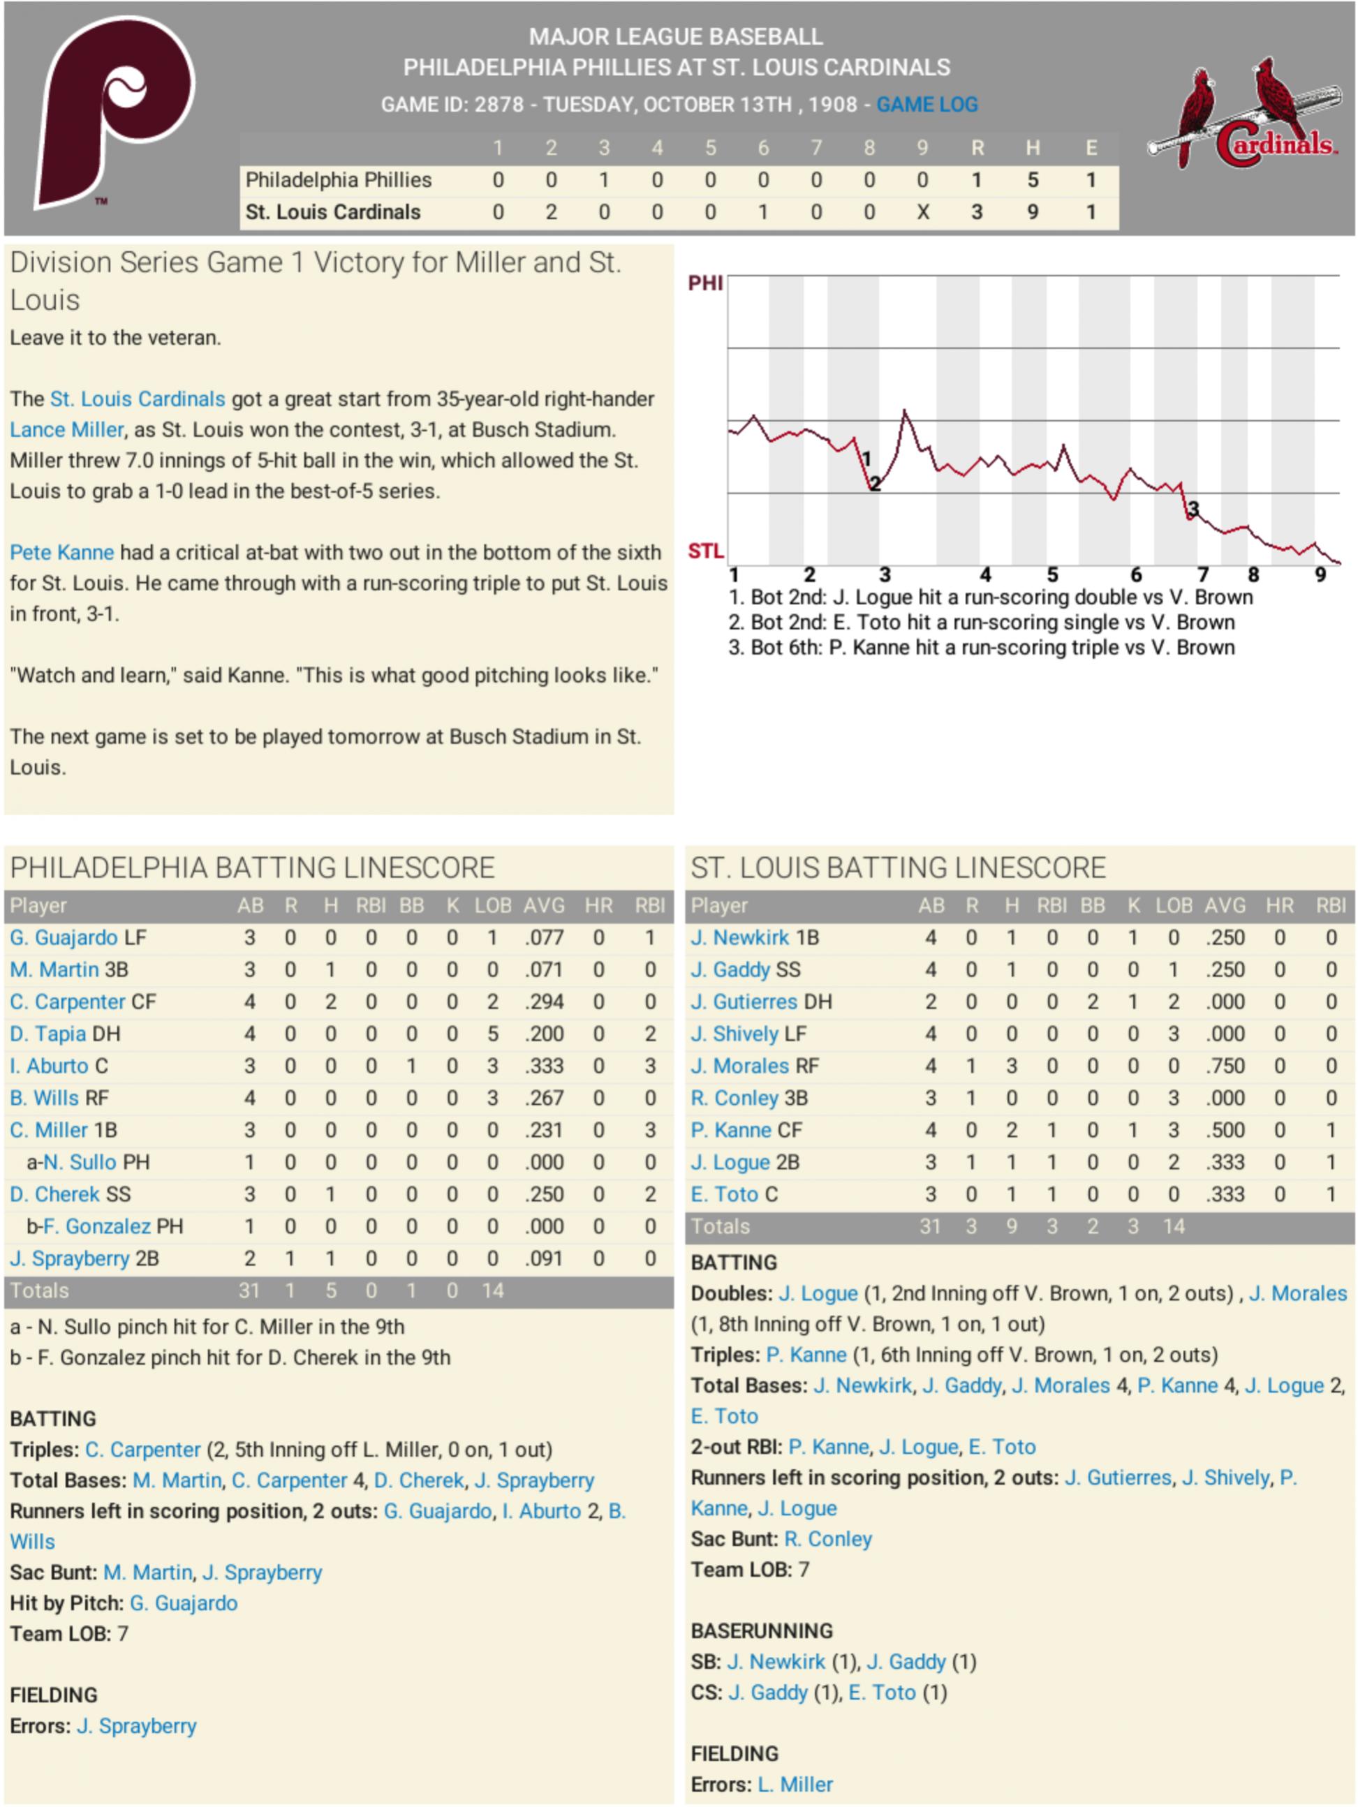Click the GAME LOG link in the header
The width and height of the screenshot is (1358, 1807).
927,105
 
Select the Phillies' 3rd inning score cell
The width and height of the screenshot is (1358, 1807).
604,179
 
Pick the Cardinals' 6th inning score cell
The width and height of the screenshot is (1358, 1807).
762,212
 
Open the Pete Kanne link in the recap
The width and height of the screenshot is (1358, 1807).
62,552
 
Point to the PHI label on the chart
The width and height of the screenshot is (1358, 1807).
705,283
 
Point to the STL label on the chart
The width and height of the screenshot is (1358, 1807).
705,551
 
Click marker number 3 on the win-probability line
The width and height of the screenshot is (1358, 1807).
1193,510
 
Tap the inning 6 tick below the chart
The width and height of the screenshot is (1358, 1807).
1136,575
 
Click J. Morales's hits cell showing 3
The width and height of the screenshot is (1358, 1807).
1012,1066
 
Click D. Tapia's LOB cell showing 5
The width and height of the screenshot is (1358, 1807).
493,1034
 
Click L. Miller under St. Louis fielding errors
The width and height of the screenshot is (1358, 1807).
795,1784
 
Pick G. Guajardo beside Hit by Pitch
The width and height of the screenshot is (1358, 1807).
184,1602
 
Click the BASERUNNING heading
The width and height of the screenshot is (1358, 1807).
762,1630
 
